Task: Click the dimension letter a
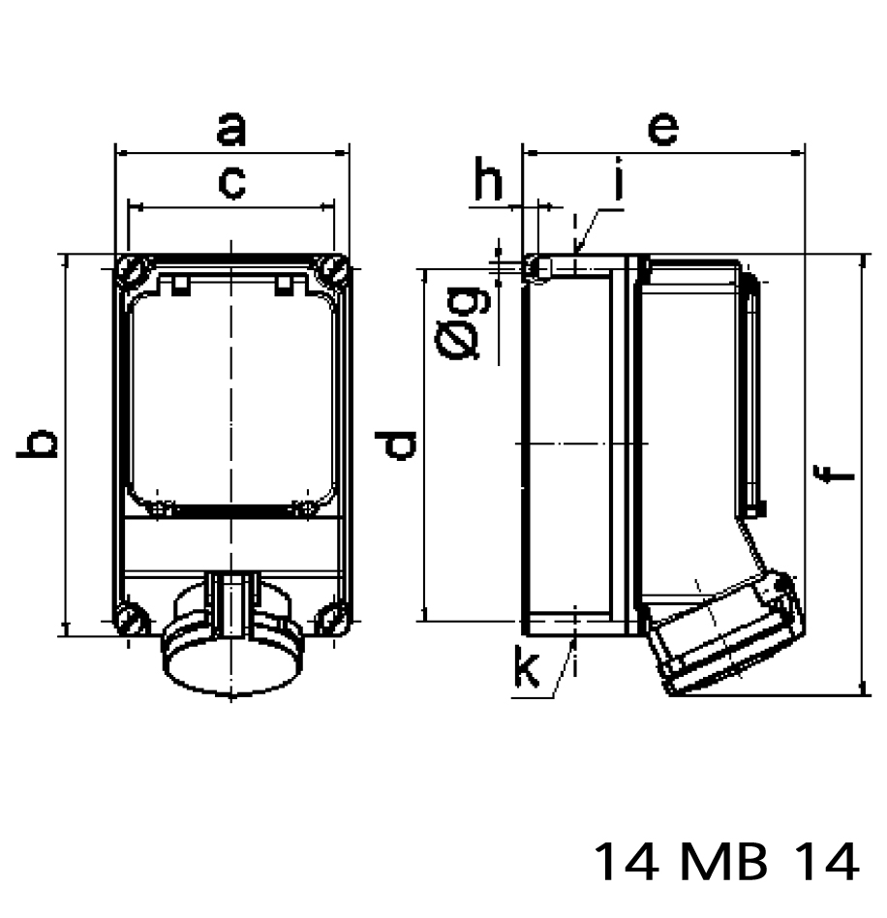coord(230,129)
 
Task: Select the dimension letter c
coord(230,181)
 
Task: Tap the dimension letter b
coord(40,444)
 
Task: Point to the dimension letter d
coord(398,444)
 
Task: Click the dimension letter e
coord(662,129)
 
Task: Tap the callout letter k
coord(527,669)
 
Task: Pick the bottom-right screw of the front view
coord(332,619)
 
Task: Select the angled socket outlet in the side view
coord(726,634)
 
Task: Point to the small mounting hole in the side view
coord(536,268)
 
